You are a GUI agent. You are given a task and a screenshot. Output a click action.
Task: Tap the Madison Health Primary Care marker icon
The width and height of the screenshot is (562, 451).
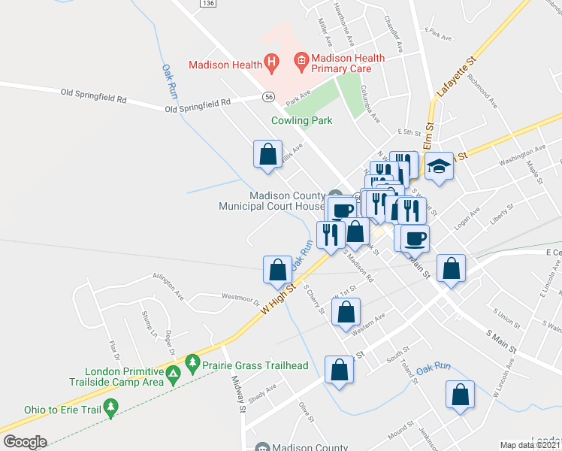(301, 59)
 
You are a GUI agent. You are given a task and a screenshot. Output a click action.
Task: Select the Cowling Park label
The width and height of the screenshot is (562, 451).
(302, 120)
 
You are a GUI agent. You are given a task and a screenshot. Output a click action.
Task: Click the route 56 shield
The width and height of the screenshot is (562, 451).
(268, 97)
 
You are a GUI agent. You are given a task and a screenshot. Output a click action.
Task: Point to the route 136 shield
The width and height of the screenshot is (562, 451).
(208, 4)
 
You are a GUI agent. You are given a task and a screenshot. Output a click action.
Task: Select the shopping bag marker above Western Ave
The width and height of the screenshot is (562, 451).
(346, 312)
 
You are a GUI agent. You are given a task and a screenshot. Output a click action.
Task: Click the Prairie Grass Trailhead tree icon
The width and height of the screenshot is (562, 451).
(192, 365)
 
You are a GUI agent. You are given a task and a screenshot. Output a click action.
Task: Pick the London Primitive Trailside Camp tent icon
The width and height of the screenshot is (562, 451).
(174, 374)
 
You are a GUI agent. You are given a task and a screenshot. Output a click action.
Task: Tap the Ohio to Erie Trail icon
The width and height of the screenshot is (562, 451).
(111, 408)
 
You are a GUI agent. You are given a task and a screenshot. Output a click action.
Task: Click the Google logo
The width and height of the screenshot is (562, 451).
(25, 442)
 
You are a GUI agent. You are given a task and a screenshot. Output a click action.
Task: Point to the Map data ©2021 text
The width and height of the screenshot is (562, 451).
(530, 445)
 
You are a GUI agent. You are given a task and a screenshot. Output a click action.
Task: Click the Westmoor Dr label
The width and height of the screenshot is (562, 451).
(240, 298)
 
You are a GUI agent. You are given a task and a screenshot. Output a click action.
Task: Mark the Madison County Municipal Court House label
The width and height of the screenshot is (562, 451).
(271, 201)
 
